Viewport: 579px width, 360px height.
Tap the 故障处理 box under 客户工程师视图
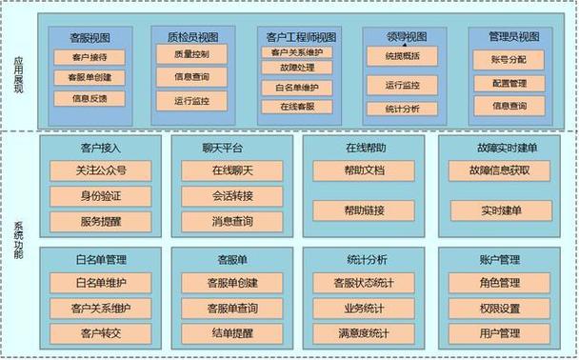click(299, 69)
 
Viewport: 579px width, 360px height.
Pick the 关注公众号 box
click(100, 171)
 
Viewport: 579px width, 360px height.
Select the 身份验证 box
click(100, 196)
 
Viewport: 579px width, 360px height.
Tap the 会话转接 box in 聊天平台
click(232, 196)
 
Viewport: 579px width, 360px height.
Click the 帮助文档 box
click(364, 171)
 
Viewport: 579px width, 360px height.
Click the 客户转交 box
click(100, 332)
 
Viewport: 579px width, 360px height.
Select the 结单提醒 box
click(232, 332)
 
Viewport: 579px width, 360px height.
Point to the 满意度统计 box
click(364, 332)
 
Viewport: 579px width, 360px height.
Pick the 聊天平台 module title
click(222, 149)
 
